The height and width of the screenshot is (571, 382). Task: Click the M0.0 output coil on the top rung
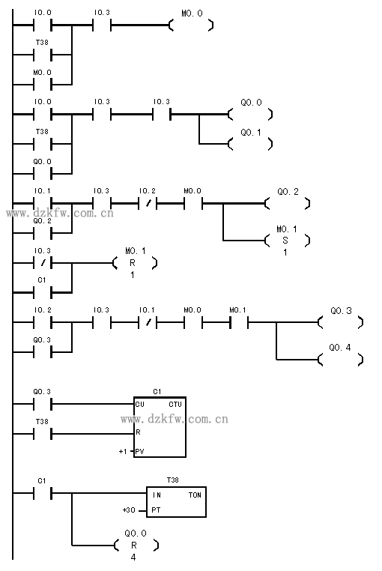click(192, 25)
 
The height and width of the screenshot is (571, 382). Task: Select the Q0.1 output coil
click(250, 144)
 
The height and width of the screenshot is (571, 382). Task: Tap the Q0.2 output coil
click(288, 203)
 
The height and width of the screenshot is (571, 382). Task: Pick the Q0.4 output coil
click(341, 360)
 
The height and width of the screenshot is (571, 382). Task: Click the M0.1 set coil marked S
click(286, 241)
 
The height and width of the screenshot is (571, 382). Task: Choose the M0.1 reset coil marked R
click(134, 262)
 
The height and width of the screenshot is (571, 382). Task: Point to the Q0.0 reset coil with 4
click(136, 545)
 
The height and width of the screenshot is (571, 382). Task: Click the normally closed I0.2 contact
click(148, 204)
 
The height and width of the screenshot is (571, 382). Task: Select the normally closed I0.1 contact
click(148, 322)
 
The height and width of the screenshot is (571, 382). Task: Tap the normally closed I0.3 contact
click(43, 262)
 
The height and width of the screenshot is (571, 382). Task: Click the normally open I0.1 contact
click(43, 204)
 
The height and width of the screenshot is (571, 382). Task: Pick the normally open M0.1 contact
click(239, 322)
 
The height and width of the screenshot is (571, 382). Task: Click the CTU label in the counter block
click(175, 404)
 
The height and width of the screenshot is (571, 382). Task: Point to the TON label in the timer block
click(195, 495)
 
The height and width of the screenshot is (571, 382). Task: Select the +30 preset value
click(129, 510)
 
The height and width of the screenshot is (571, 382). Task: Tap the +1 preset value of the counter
click(123, 452)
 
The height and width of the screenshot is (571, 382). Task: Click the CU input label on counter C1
click(139, 404)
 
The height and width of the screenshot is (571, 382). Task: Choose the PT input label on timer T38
click(156, 510)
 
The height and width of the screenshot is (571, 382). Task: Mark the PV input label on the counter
click(139, 452)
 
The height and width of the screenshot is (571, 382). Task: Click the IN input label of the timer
click(157, 495)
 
